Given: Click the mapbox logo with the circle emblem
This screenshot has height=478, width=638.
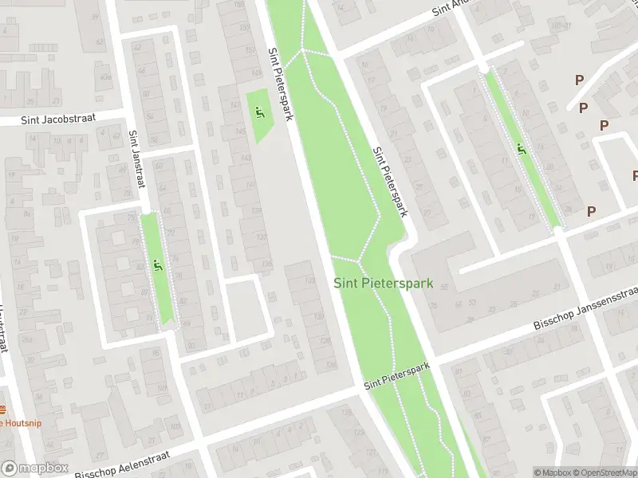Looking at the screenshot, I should click(34, 469).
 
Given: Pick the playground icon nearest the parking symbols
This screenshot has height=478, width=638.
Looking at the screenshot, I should click(521, 148).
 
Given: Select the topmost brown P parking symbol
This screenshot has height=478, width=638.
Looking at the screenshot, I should click(578, 80).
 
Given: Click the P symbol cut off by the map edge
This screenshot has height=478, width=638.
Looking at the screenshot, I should click(635, 175).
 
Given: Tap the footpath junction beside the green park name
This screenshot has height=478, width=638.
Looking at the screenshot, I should click(360, 261).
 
